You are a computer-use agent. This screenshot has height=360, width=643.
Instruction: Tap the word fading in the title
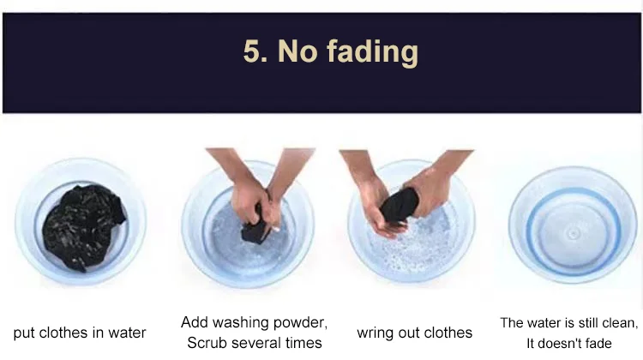(x=372, y=52)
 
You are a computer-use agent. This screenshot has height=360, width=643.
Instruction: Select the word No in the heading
(x=297, y=51)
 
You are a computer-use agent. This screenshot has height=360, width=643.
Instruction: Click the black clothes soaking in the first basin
(x=83, y=227)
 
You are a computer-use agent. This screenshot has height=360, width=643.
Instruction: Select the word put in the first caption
(x=24, y=333)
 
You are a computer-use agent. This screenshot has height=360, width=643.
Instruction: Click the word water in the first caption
(x=127, y=333)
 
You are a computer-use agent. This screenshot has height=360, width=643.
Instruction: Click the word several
(x=249, y=343)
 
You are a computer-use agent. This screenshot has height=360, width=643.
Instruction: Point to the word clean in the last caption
(x=620, y=323)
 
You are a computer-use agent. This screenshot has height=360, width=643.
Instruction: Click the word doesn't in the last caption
(x=561, y=343)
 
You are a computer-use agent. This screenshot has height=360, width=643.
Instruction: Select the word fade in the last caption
(x=600, y=343)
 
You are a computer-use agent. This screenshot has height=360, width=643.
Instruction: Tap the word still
(x=586, y=323)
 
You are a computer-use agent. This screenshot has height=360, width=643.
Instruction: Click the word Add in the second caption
(x=194, y=322)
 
